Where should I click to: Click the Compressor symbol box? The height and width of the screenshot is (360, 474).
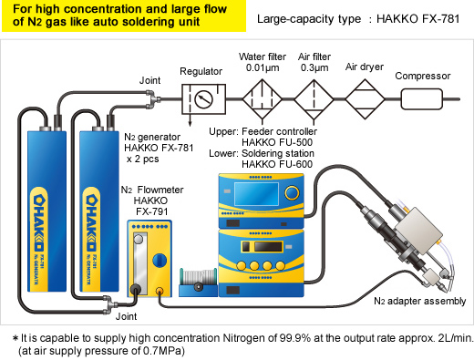tap(422, 99)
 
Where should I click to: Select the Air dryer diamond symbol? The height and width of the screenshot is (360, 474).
tap(365, 99)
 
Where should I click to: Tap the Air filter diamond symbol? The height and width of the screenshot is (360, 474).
tap(314, 99)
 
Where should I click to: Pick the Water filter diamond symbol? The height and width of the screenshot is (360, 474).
tap(263, 99)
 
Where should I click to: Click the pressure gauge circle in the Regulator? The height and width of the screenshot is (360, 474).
tap(203, 99)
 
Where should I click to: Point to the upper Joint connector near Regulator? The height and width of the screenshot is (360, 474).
tap(152, 99)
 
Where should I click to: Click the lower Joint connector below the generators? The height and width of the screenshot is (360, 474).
tap(110, 303)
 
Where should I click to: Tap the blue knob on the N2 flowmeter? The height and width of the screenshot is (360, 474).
tap(160, 261)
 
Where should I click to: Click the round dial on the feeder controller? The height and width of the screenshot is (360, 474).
tap(292, 192)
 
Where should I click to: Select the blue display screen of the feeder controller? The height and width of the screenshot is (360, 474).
tap(256, 194)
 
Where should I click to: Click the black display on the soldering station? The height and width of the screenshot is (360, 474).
tap(268, 246)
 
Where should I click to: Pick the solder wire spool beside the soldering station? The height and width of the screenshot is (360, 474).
tap(198, 281)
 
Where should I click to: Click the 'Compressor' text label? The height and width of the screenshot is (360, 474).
tap(423, 76)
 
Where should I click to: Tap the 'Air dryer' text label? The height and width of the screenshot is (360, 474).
tap(365, 67)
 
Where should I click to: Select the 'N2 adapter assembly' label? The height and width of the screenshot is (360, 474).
tap(419, 301)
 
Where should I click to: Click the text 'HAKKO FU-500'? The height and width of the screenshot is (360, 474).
tap(277, 142)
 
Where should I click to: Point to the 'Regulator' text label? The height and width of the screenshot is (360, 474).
tap(201, 72)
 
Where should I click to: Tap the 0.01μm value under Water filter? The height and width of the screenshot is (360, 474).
tap(263, 67)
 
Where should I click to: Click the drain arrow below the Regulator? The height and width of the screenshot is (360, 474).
tap(190, 119)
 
